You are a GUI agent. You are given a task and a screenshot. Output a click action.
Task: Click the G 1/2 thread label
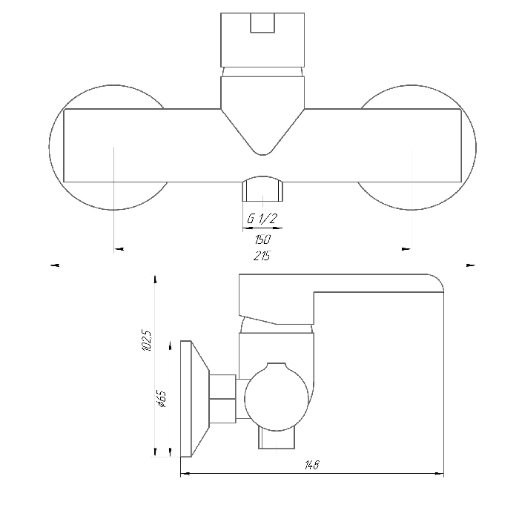262,219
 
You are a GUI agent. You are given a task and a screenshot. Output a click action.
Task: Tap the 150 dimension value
262,239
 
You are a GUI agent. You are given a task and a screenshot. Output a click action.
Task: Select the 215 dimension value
262,256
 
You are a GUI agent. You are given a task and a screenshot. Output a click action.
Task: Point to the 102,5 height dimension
146,340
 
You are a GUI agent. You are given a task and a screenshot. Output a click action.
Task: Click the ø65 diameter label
162,399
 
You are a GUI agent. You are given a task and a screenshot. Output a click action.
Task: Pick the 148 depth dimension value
312,465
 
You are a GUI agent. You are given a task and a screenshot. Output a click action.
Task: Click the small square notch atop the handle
262,23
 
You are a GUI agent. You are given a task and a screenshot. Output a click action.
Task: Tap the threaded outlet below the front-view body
262,188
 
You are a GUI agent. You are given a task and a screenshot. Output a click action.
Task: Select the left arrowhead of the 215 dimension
55,265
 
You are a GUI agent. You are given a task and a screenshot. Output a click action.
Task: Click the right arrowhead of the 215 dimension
471,265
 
